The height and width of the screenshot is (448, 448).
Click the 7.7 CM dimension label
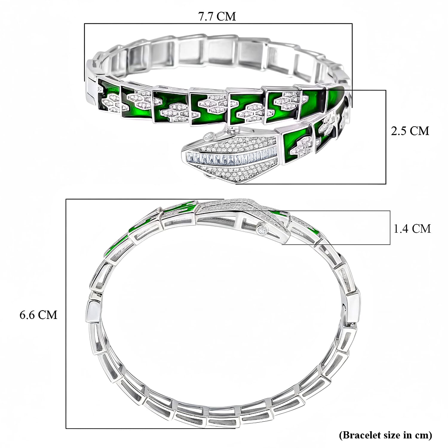pos(217,16)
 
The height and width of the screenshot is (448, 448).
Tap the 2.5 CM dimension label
pos(410,131)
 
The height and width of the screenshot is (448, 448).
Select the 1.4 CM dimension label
pos(412,228)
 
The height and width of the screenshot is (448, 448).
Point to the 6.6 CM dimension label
pos(38,315)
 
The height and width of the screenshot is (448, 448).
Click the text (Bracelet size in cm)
pos(385,435)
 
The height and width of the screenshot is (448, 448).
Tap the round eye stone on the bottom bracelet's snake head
pos(263,230)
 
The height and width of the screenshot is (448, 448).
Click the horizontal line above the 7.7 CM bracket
pos(218,24)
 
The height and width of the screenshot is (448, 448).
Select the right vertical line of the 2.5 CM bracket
pos(386,137)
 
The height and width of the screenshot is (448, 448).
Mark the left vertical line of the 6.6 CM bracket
pos(66,314)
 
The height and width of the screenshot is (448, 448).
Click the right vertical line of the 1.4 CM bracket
pos(390,228)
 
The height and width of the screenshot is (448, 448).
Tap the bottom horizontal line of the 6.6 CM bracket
pos(149,428)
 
